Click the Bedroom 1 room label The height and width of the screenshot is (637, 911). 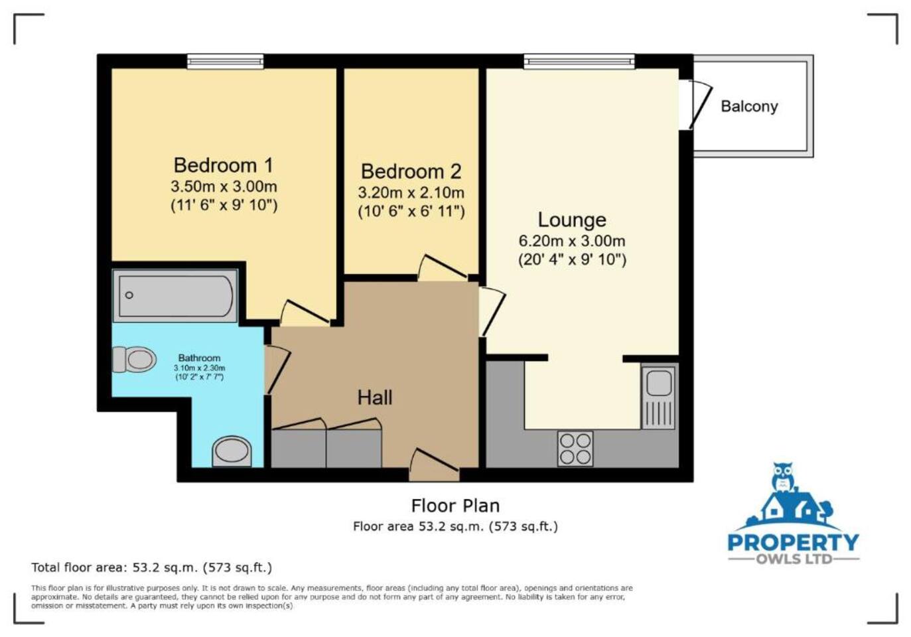pyautogui.click(x=224, y=165)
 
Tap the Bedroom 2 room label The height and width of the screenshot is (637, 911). pyautogui.click(x=411, y=171)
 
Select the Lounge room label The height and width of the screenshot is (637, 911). pyautogui.click(x=572, y=220)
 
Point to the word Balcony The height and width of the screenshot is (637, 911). pyautogui.click(x=749, y=107)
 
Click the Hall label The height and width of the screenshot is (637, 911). pyautogui.click(x=375, y=397)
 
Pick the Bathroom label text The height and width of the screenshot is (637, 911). pyautogui.click(x=199, y=358)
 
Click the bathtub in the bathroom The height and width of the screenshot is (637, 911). pyautogui.click(x=175, y=296)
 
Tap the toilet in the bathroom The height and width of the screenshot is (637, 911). pyautogui.click(x=134, y=359)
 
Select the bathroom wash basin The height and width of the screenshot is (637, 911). pyautogui.click(x=232, y=451)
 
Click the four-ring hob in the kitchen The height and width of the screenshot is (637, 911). pyautogui.click(x=575, y=449)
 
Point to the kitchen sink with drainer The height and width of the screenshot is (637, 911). pyautogui.click(x=659, y=397)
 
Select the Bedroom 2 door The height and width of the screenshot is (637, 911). pyautogui.click(x=443, y=268)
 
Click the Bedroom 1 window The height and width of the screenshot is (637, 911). pyautogui.click(x=225, y=61)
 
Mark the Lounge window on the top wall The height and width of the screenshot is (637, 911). pyautogui.click(x=579, y=61)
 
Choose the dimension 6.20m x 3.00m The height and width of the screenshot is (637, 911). pyautogui.click(x=572, y=242)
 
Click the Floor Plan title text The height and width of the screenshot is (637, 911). pyautogui.click(x=455, y=506)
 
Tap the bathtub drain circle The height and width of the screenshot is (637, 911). pyautogui.click(x=129, y=295)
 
